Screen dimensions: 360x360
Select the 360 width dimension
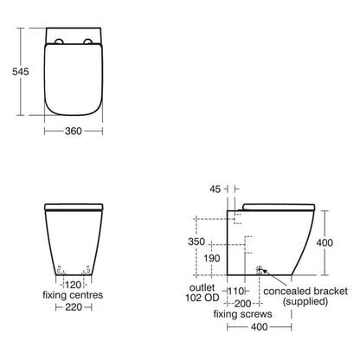[x=74, y=133]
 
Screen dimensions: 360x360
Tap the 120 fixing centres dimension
[x=74, y=283]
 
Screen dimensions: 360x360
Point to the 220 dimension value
[x=74, y=306]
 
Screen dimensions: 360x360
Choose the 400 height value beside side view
[x=324, y=243]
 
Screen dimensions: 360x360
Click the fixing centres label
[x=74, y=294]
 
